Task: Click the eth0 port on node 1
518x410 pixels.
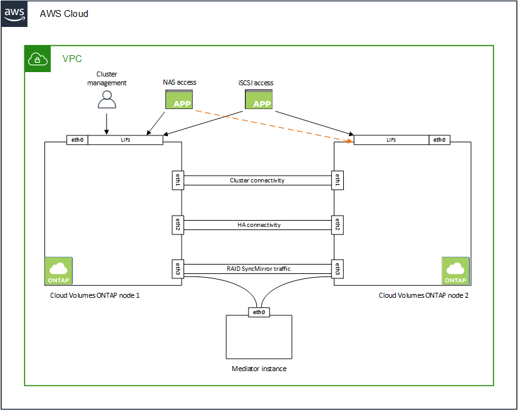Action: point(77,140)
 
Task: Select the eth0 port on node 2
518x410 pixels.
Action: point(439,140)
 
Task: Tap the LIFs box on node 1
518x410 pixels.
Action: point(125,140)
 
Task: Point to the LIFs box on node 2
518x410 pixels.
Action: point(391,140)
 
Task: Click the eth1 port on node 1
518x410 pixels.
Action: point(177,181)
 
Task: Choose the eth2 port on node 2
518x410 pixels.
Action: point(338,224)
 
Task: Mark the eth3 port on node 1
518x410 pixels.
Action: point(177,269)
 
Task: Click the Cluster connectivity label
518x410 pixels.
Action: point(257,181)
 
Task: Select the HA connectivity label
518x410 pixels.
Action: point(257,224)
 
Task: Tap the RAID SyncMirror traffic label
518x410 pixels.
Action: point(257,269)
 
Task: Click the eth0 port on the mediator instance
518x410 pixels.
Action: point(259,312)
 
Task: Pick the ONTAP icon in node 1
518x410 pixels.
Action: point(59,271)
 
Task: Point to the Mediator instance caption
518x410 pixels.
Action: point(259,369)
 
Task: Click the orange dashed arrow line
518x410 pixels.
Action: point(269,124)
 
